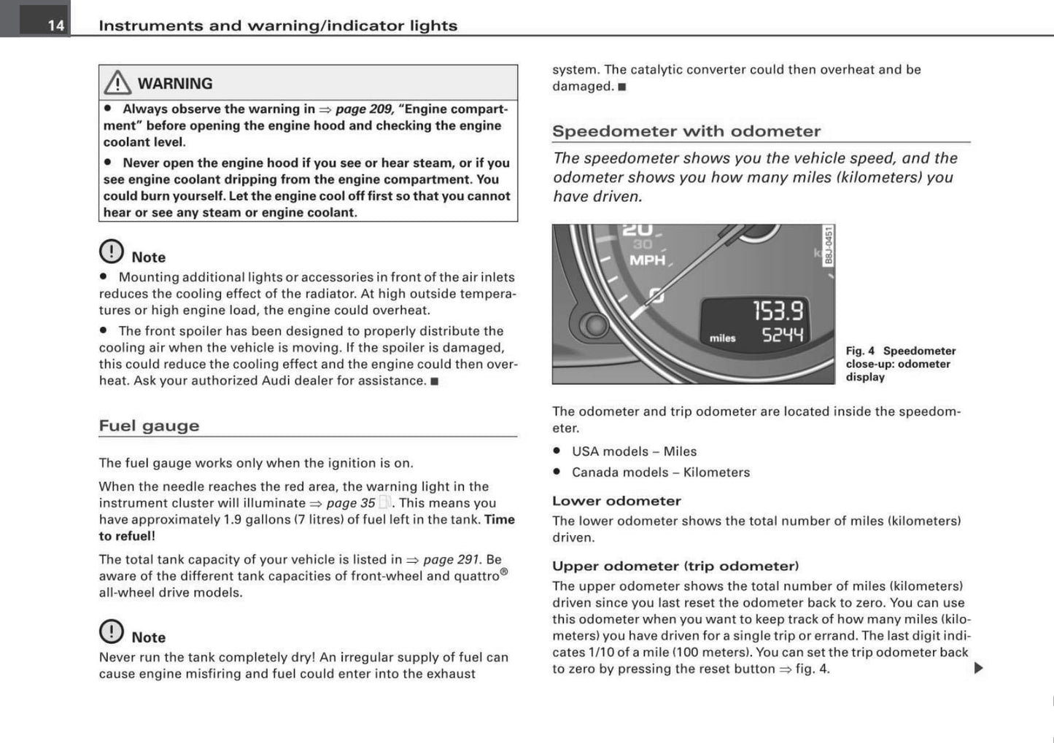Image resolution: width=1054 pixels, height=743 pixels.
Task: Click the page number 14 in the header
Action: (55, 26)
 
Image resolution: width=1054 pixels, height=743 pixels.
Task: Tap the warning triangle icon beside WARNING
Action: (117, 83)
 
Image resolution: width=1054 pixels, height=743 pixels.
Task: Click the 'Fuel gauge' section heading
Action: (149, 426)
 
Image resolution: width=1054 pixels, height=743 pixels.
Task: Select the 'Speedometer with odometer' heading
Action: (686, 131)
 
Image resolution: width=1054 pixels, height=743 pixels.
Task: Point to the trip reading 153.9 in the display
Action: (778, 311)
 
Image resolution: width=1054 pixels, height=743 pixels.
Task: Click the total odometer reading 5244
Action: (782, 335)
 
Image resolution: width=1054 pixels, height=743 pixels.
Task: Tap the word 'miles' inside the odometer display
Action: (722, 338)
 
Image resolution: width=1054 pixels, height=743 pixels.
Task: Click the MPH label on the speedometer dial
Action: (647, 260)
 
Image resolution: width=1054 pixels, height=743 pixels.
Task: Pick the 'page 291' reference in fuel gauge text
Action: (451, 560)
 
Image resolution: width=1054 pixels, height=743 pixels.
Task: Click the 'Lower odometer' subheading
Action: (616, 501)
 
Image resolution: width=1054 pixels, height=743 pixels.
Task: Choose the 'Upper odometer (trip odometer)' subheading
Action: (675, 566)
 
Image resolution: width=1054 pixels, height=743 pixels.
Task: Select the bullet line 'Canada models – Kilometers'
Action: (660, 472)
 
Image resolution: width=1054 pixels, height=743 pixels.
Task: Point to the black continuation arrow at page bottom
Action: (978, 668)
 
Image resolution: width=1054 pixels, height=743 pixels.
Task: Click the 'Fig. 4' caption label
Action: (860, 351)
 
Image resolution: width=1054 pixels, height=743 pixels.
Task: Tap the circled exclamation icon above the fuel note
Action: (112, 631)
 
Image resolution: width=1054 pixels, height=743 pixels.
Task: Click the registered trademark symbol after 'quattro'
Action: (504, 572)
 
